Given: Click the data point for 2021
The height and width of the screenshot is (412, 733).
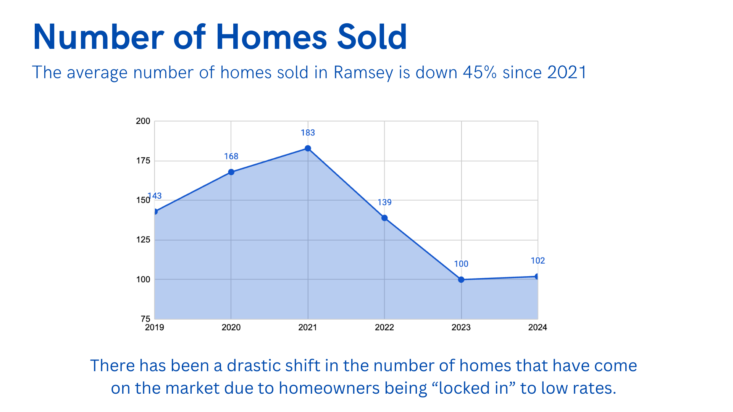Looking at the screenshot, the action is [308, 148].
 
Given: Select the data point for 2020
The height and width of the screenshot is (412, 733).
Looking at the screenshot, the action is [231, 172].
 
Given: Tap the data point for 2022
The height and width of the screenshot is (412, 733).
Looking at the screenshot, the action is [384, 218].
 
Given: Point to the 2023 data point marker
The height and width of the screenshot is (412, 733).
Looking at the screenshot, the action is [461, 280].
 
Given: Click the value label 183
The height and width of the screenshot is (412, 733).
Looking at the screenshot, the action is [308, 133].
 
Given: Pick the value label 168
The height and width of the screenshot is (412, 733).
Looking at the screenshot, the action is [231, 156].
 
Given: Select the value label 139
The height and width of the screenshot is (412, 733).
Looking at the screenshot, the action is [384, 202].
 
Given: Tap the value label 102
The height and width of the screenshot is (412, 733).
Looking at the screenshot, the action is [538, 261].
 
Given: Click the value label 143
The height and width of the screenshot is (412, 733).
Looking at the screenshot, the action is [155, 196].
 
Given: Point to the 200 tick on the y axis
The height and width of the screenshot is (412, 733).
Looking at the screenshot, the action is [143, 121].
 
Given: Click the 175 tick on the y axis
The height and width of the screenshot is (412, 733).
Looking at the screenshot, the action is [143, 161].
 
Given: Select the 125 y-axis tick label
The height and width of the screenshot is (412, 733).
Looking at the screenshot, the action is [143, 240].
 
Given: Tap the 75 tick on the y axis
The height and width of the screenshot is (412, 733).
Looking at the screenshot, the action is [145, 319].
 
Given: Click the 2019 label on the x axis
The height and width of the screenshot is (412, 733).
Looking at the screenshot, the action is [155, 327].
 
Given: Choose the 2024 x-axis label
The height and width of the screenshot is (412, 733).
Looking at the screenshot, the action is [538, 327].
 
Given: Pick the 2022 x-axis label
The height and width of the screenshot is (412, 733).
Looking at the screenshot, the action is [384, 327].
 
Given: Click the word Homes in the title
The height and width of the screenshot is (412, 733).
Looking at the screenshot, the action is [271, 37].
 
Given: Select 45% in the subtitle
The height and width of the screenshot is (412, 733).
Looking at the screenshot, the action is [480, 72].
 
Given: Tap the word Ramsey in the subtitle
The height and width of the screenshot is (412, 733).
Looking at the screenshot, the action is [363, 72].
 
